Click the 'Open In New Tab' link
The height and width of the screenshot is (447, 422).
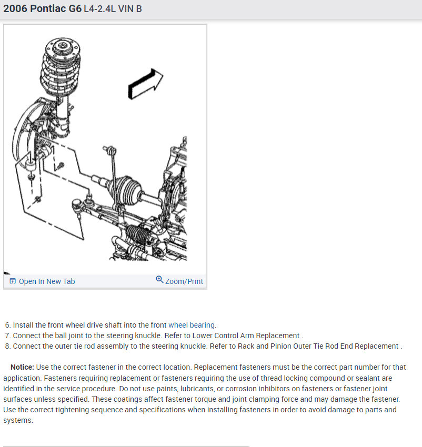47,281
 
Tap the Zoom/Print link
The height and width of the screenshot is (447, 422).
184,281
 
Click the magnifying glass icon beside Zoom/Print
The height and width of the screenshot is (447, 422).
159,279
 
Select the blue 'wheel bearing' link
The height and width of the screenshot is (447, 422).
192,325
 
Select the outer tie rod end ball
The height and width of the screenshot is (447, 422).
76,204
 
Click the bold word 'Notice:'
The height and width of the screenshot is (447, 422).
22,367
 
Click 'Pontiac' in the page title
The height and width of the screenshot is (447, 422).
48,8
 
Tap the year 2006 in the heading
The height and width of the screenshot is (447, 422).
15,8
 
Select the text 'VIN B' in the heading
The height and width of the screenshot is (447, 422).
130,9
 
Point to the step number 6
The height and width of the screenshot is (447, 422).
8,325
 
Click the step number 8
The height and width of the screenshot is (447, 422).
8,346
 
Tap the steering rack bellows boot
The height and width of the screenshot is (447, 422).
138,235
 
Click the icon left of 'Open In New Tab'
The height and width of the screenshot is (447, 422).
13,281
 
